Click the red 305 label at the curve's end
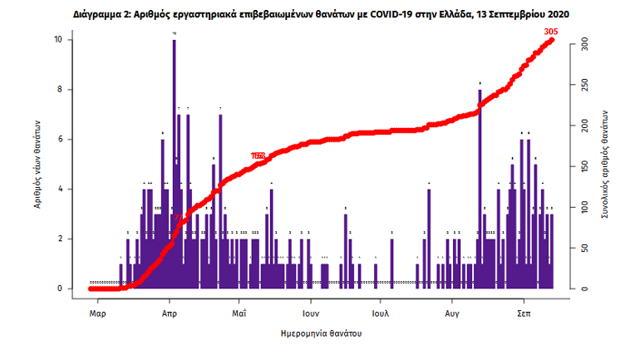(x=549, y=32)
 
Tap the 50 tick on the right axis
(x=583, y=248)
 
